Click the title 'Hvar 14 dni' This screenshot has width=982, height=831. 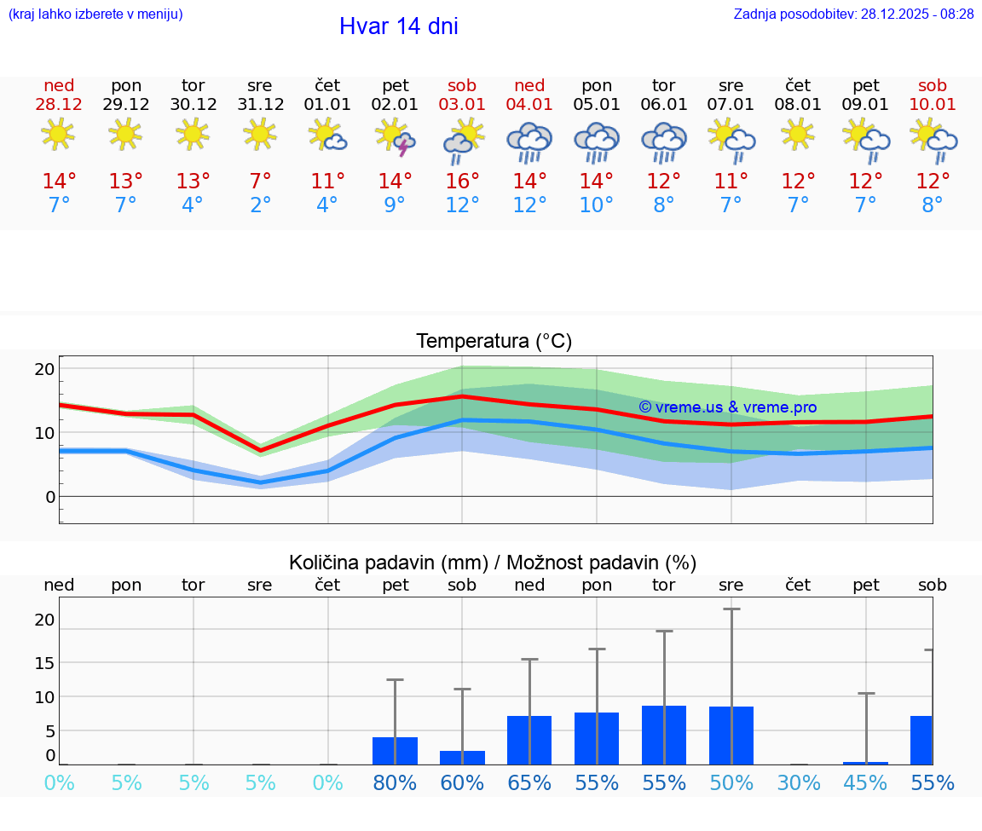(x=398, y=26)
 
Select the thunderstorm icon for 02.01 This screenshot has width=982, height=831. (x=396, y=138)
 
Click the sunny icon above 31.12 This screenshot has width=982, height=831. (x=260, y=134)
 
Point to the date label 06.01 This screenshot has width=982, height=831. (x=664, y=105)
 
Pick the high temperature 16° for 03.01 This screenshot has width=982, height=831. (x=462, y=181)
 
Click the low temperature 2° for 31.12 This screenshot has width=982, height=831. (x=260, y=205)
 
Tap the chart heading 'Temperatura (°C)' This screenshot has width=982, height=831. (x=494, y=341)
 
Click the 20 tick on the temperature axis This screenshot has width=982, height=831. (x=44, y=369)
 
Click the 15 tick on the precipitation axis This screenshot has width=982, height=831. (x=44, y=662)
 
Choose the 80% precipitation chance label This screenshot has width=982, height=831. (x=395, y=782)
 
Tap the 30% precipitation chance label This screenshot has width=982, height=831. (x=798, y=782)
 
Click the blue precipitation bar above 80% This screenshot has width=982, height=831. (x=395, y=751)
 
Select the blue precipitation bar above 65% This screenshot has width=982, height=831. (x=529, y=740)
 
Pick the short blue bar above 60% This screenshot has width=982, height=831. (x=462, y=758)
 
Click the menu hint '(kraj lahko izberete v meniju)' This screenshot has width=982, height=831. (x=95, y=14)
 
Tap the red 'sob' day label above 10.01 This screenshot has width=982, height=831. (x=933, y=85)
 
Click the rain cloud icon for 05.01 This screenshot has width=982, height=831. (x=597, y=141)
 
